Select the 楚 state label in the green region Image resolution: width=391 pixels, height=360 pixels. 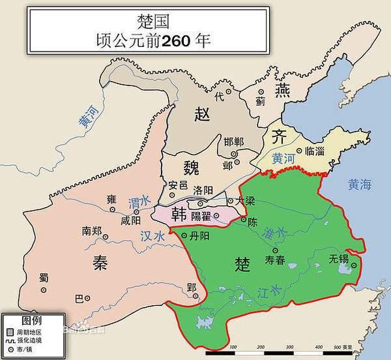click(x=242, y=263)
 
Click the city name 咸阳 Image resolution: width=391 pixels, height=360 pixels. click(x=130, y=220)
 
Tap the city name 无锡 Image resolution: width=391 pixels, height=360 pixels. click(x=340, y=259)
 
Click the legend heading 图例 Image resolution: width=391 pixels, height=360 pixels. click(x=32, y=320)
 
